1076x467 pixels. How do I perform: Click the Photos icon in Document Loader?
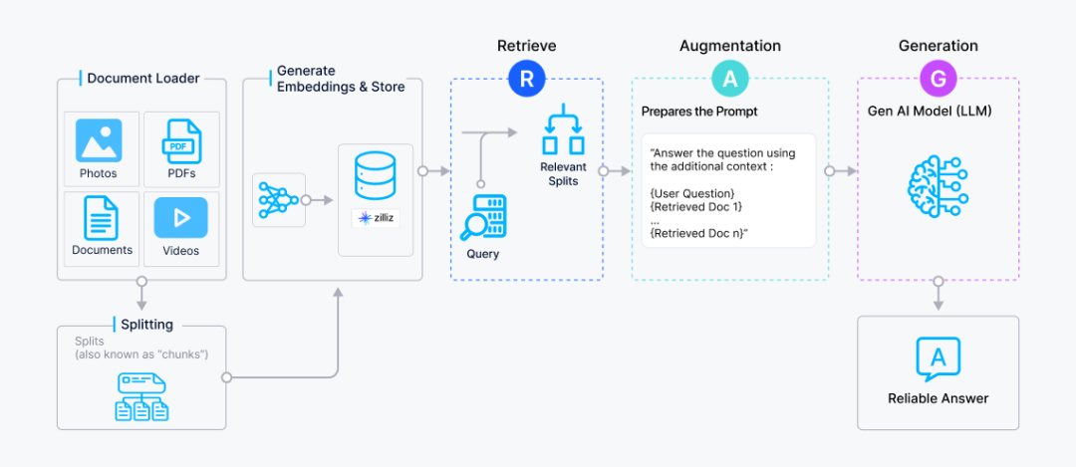(99, 141)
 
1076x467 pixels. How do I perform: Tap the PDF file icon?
(181, 141)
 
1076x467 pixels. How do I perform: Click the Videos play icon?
(181, 217)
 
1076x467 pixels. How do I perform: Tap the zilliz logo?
(376, 217)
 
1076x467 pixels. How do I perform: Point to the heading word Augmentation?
(729, 46)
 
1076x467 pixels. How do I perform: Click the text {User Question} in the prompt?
(691, 192)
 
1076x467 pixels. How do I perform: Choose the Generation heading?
(938, 46)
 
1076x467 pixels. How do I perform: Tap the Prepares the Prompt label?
(698, 112)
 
